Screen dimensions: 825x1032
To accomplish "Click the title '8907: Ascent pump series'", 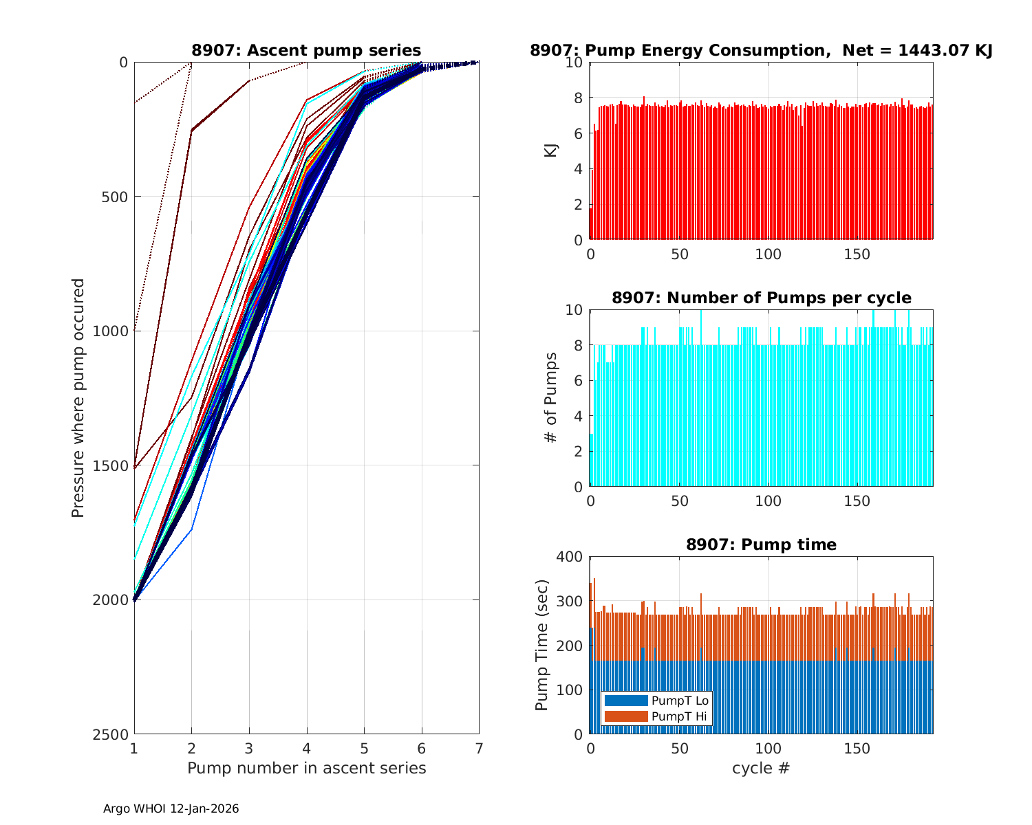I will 306,51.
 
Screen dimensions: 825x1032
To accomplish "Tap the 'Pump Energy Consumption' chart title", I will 761,51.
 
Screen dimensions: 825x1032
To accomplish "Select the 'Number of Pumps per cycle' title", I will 761,298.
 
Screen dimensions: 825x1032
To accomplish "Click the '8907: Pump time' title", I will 761,545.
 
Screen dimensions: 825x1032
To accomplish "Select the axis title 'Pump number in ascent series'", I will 306,768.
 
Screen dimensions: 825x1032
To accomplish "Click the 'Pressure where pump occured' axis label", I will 78,398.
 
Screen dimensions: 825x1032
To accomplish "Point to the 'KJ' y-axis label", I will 551,151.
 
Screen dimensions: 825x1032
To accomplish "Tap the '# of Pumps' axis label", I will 551,398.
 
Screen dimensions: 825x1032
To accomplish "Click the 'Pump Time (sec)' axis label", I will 542,646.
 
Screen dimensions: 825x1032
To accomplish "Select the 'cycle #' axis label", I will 761,768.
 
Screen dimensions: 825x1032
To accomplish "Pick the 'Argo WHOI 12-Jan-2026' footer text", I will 171,809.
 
